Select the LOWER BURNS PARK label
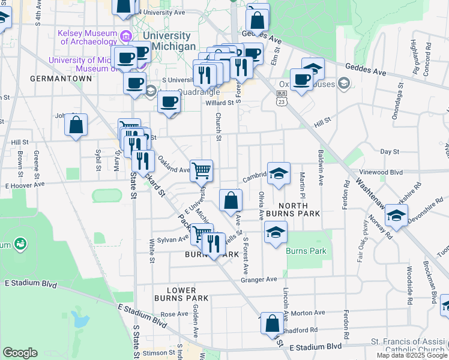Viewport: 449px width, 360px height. [181, 294]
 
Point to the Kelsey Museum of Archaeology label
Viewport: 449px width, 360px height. [88, 37]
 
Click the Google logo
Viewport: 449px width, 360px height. [20, 353]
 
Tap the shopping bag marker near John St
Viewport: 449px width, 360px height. [76, 126]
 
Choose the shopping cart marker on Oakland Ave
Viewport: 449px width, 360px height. [202, 170]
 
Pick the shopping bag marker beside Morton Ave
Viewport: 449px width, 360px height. [272, 323]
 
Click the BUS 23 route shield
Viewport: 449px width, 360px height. [282, 98]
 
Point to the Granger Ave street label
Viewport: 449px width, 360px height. [259, 279]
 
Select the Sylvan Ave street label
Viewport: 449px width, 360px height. [173, 240]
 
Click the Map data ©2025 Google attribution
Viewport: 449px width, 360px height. [412, 355]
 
